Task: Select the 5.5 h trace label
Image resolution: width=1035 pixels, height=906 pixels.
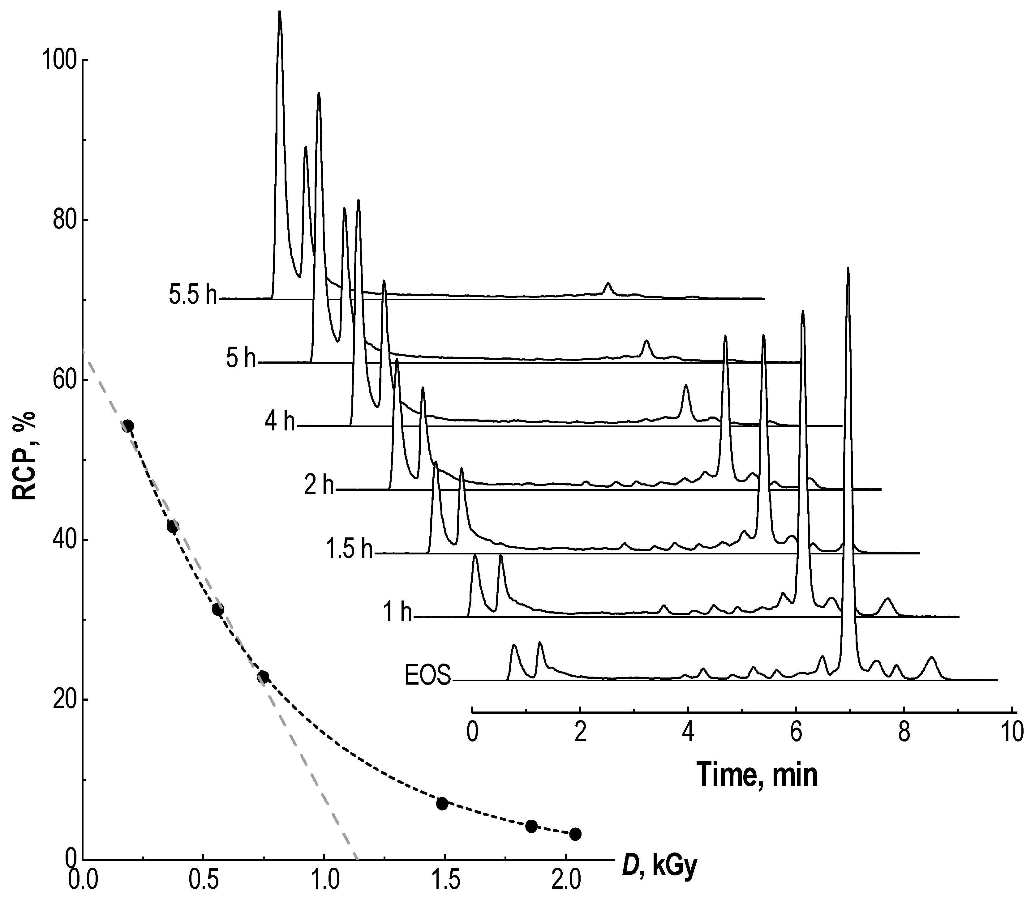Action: point(193,296)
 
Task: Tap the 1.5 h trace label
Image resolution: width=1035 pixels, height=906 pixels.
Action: point(349,549)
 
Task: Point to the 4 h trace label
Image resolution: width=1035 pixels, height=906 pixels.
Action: point(279,422)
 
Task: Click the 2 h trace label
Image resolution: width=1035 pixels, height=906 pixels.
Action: point(319,486)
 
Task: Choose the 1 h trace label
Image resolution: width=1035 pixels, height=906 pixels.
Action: point(397,613)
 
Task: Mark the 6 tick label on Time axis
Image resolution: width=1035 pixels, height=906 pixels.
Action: point(795,733)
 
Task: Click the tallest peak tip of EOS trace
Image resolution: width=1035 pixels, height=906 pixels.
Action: point(848,269)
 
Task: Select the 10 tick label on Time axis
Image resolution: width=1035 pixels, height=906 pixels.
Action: point(1011,733)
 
